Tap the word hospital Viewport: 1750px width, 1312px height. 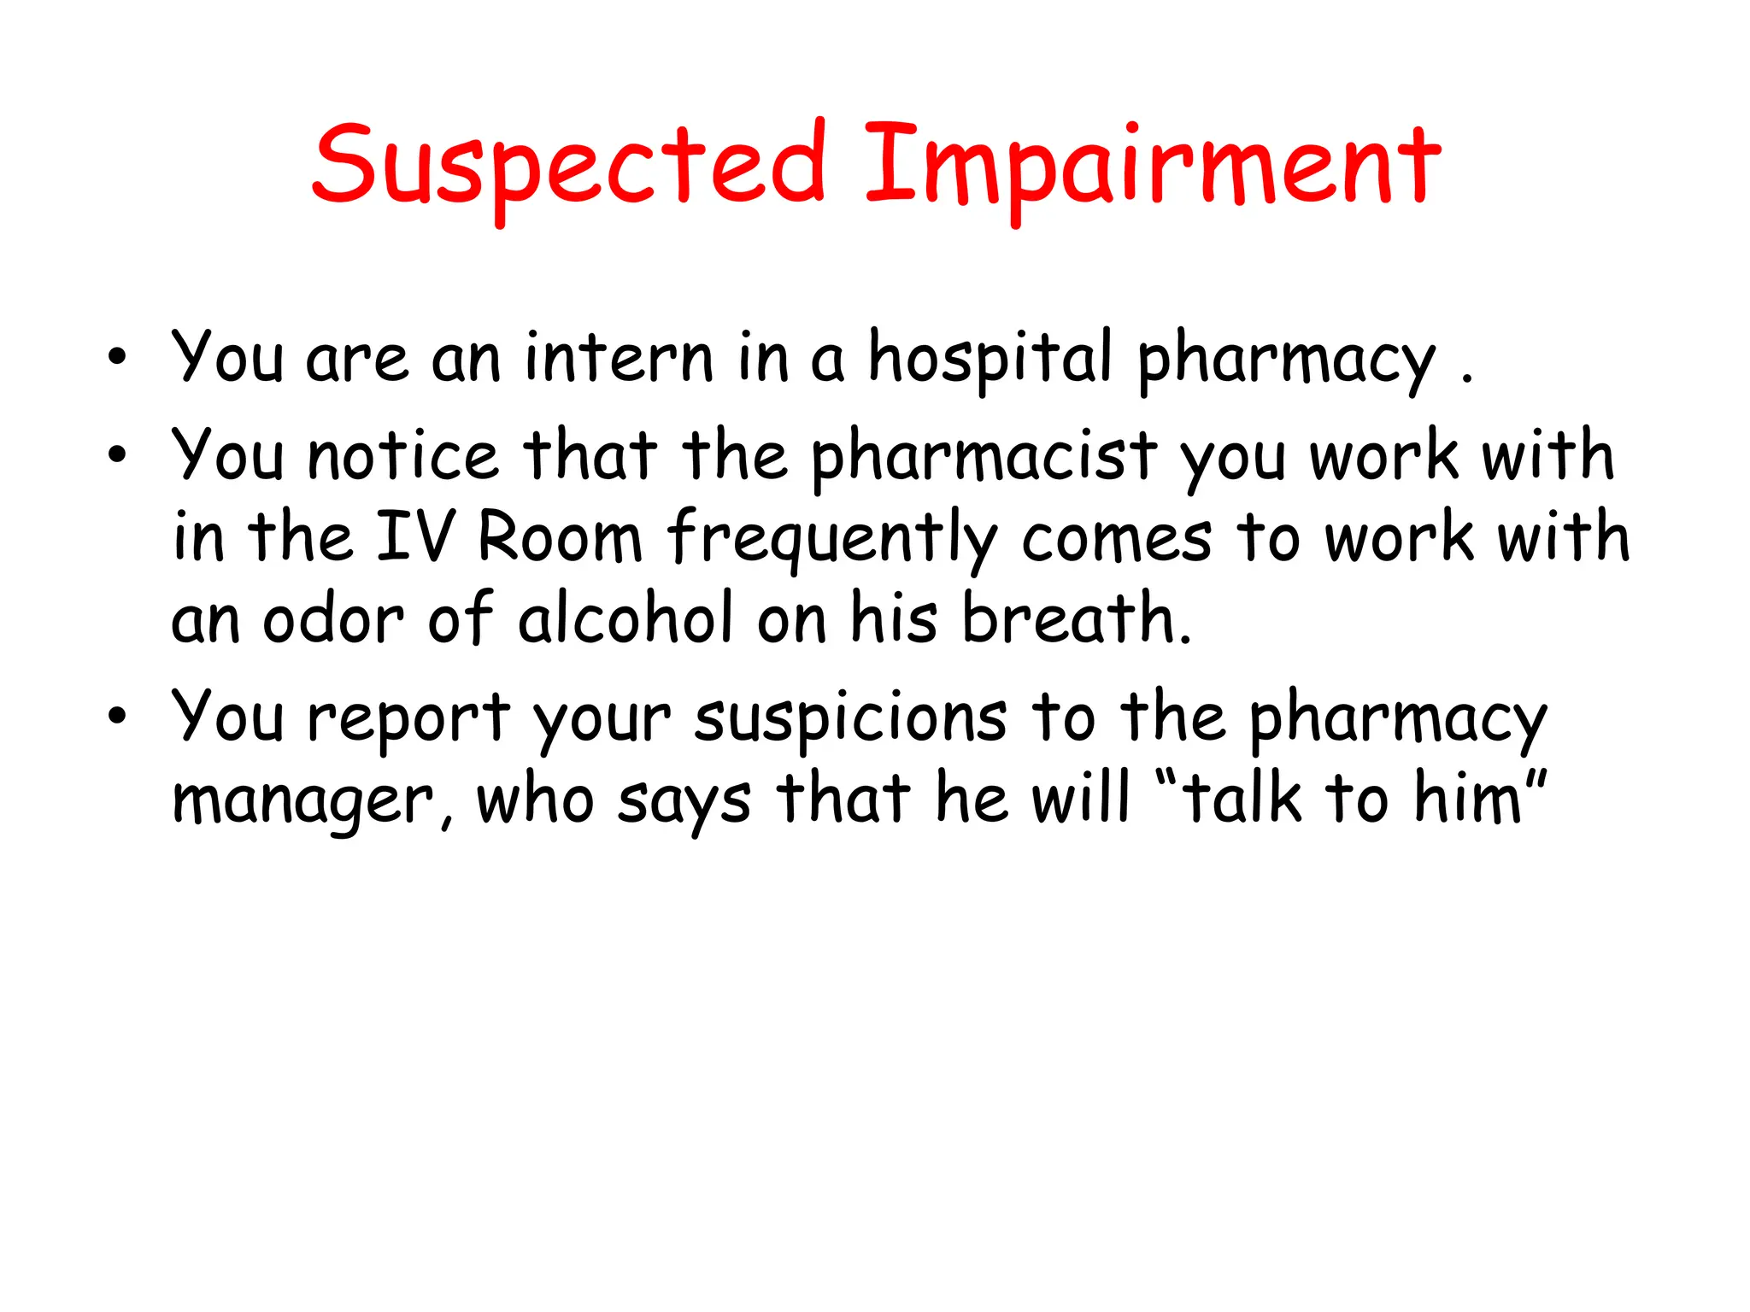click(x=990, y=359)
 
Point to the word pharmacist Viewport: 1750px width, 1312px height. click(x=983, y=457)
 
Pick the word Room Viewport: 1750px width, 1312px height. click(x=560, y=538)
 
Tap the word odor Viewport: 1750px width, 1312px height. click(x=333, y=618)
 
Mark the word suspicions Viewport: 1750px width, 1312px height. click(x=851, y=717)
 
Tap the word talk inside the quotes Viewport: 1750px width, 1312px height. click(x=1243, y=799)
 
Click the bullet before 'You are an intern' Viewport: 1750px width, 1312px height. click(x=117, y=357)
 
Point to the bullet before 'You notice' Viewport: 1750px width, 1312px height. click(x=117, y=455)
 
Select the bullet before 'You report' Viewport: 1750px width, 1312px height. click(x=117, y=716)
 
